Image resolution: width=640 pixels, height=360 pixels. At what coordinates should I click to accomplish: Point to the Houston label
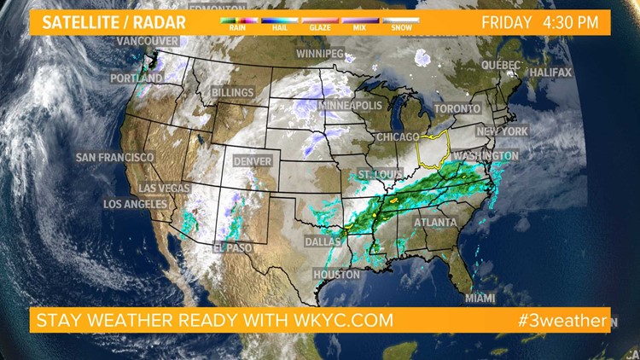coord(336,275)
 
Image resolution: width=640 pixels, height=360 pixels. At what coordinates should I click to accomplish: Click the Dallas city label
coord(323,241)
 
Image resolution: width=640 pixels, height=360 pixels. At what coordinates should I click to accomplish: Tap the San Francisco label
coord(114,158)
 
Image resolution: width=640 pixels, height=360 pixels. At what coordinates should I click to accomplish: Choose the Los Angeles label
coord(135,205)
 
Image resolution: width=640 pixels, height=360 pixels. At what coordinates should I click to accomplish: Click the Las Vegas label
coord(166,188)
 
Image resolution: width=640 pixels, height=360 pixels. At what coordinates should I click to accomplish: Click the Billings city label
coord(232,92)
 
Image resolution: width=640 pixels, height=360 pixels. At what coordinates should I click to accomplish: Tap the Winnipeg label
coord(319,54)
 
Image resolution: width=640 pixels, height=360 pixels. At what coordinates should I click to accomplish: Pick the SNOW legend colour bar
coord(401,18)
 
